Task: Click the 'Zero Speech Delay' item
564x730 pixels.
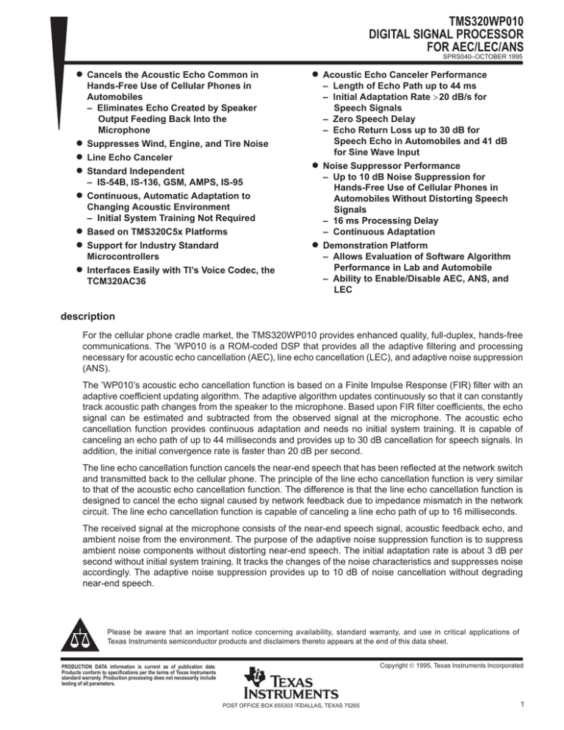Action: [377, 119]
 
